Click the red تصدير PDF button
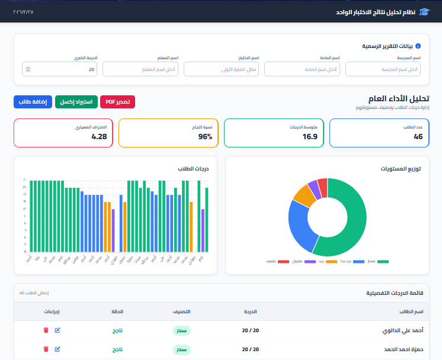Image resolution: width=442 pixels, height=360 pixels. coord(117,102)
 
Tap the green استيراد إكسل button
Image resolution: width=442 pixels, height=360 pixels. coord(76,102)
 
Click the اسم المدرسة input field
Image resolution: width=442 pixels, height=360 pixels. coord(382,69)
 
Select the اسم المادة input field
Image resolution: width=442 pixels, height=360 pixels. coord(302,69)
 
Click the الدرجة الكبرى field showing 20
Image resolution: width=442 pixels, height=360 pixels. coord(59,69)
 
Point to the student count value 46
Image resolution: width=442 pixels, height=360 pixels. coord(418,137)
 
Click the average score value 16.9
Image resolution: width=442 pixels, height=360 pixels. coord(310,137)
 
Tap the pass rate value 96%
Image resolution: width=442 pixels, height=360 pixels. coord(205,137)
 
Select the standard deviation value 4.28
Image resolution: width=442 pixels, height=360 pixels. coord(99,137)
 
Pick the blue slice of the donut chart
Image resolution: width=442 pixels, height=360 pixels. coord(299,227)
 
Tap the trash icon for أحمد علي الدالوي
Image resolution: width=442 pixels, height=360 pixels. coord(46,331)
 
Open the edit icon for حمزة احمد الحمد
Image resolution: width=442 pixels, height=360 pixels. coord(57,349)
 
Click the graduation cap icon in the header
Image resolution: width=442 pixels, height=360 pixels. coord(424,12)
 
